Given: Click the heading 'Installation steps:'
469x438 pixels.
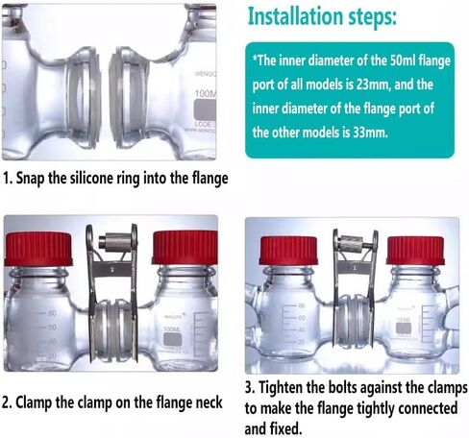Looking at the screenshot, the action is point(322,16).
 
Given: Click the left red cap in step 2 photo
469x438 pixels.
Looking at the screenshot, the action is point(38,249).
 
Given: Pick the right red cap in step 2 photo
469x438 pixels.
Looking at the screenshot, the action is point(185,248).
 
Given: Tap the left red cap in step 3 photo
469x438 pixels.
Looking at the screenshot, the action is point(288,251).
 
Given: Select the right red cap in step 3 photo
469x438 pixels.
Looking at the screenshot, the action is point(415,251).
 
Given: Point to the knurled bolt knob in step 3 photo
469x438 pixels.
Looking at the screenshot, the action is point(351,243).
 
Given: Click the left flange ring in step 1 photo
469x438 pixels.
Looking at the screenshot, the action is point(83,98).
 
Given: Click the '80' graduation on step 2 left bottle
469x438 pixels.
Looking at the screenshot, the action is point(52,313).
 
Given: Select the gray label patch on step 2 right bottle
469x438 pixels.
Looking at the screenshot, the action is point(172,340).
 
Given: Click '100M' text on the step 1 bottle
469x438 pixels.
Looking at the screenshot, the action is point(206,94).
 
